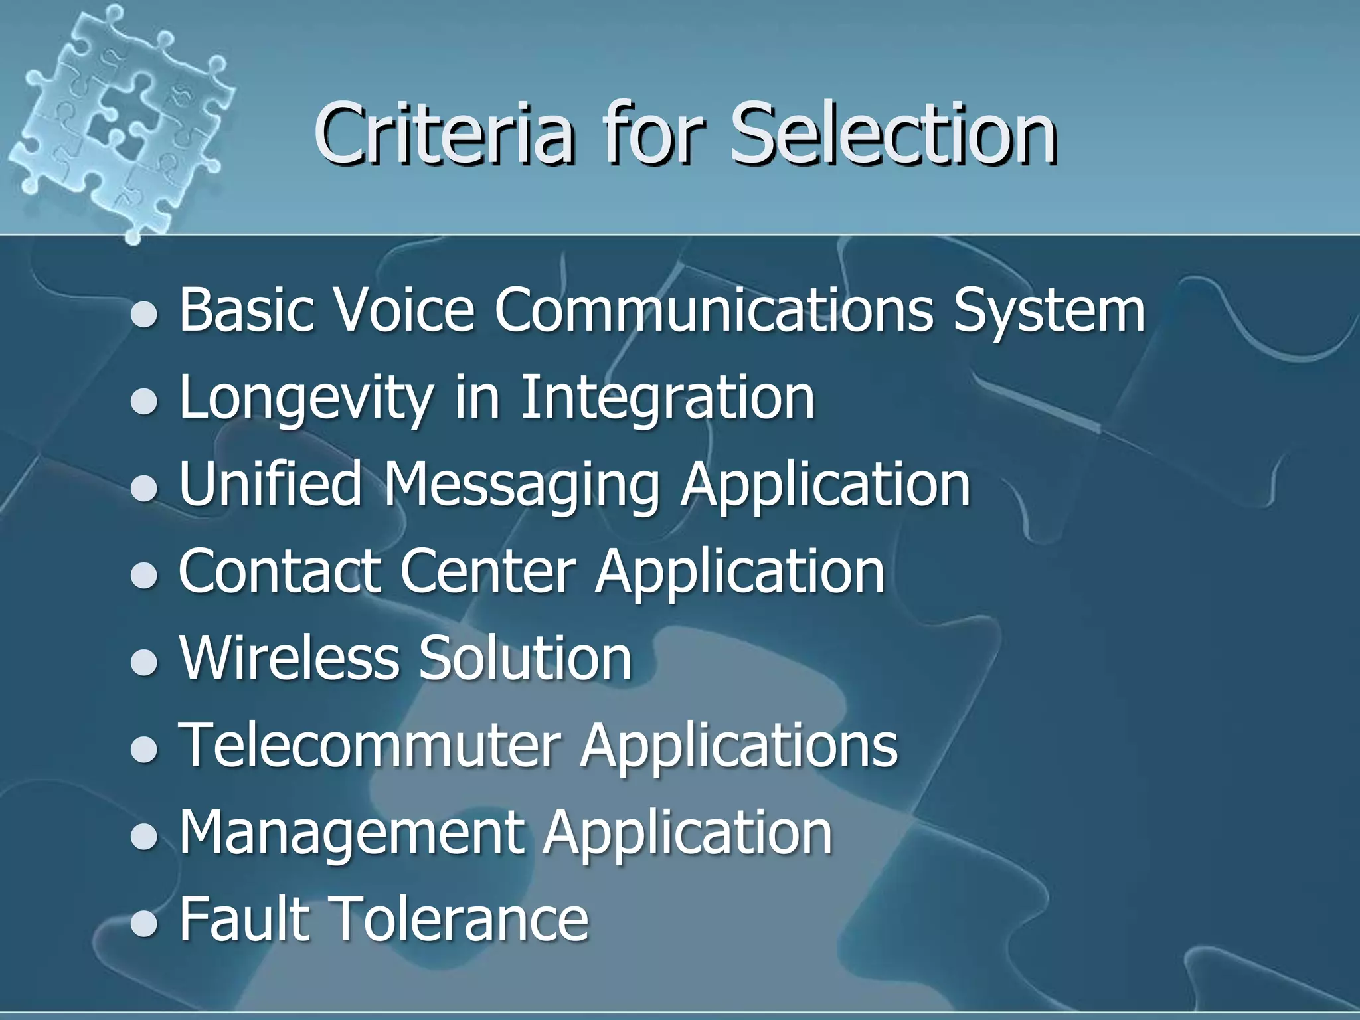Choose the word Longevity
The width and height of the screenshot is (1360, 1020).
306,398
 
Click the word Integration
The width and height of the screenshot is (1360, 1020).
667,398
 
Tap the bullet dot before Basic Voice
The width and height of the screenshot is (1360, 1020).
143,314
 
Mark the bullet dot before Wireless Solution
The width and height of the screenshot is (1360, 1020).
143,661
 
